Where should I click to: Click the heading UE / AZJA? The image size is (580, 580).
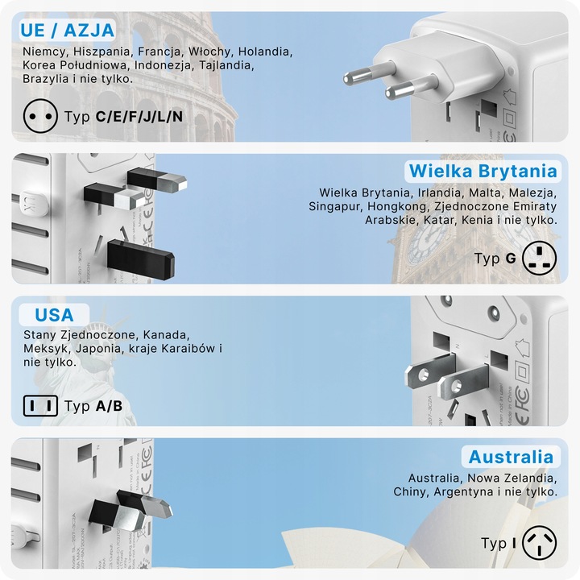[68, 31]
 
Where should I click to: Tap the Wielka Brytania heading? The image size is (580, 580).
[483, 171]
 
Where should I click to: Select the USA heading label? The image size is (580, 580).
[54, 314]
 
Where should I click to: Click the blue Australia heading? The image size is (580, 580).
[512, 458]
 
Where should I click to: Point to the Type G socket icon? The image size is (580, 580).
[540, 258]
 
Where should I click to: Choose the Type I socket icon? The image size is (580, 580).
[540, 543]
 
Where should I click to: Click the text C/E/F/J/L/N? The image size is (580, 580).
[139, 117]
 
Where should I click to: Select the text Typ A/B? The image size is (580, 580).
[93, 406]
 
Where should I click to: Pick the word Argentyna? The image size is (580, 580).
[466, 491]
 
